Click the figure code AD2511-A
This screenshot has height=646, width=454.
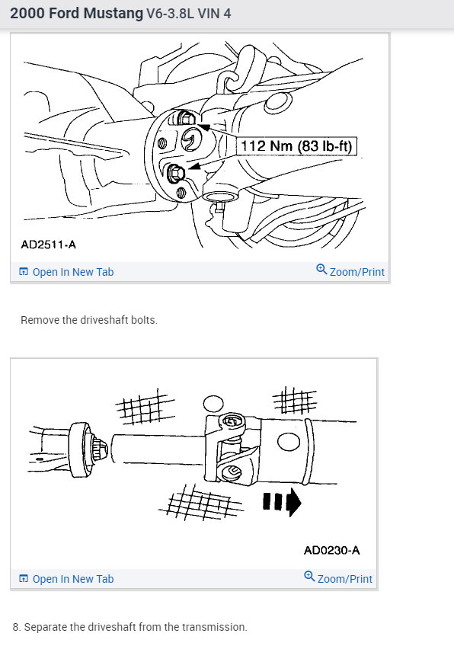48,245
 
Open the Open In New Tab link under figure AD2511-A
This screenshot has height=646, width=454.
73,272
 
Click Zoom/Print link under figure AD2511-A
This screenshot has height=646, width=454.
356,272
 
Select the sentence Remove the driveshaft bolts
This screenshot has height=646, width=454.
89,320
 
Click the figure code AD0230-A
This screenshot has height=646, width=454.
331,549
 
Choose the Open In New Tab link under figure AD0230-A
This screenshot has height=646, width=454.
73,579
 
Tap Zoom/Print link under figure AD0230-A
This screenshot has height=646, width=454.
344,579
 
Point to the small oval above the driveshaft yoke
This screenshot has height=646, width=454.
213,403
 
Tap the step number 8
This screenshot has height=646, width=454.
16,627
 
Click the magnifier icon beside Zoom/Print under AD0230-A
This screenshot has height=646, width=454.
309,577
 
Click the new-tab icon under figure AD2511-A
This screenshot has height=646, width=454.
24,272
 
